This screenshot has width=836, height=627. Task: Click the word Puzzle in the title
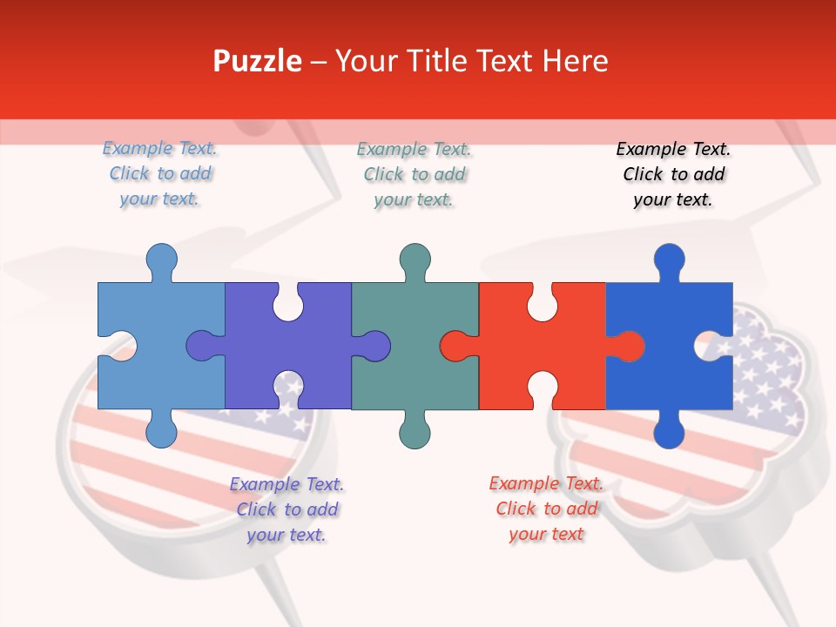[258, 62]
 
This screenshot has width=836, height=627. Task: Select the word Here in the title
[575, 62]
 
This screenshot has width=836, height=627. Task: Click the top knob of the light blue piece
[161, 260]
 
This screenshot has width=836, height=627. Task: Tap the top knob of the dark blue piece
[669, 260]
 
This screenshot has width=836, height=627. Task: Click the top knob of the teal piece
[415, 260]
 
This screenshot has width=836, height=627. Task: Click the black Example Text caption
[673, 174]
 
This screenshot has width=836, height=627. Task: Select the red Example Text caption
[546, 509]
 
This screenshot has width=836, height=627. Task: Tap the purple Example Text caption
[287, 509]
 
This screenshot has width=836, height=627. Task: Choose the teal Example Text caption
[414, 174]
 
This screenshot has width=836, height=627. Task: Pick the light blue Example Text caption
[159, 173]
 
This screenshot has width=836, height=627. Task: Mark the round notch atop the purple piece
[288, 301]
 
